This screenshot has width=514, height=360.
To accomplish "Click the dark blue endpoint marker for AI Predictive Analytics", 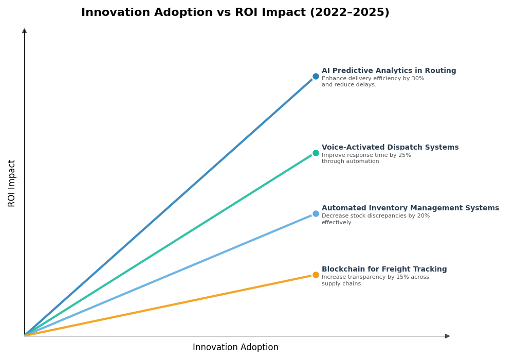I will [x=316, y=76].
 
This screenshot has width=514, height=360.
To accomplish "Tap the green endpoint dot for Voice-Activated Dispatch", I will [x=316, y=153].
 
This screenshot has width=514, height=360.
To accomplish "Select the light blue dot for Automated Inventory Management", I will [x=316, y=213].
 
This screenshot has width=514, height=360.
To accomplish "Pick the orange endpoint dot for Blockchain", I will [x=316, y=275].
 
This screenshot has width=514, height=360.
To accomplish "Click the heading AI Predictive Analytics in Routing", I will [x=389, y=71].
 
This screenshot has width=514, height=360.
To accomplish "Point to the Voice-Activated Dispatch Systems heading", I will [x=390, y=148].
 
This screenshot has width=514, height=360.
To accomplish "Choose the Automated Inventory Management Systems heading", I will [x=410, y=208].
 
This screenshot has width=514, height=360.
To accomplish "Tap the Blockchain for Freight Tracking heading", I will [x=384, y=269].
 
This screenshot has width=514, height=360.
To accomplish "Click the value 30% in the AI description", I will [x=418, y=79].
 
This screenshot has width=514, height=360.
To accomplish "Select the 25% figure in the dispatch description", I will [x=405, y=155].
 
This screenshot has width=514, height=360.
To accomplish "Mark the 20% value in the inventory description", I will [x=423, y=216].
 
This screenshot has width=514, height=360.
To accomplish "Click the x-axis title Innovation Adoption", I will [x=235, y=348].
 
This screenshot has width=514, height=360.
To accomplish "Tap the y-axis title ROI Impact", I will [x=12, y=183].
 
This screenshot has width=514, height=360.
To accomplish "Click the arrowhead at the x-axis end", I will [x=447, y=336].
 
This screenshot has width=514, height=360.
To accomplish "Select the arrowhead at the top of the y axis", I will [x=24, y=31].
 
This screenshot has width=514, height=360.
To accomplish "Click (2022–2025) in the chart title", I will [x=349, y=13].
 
